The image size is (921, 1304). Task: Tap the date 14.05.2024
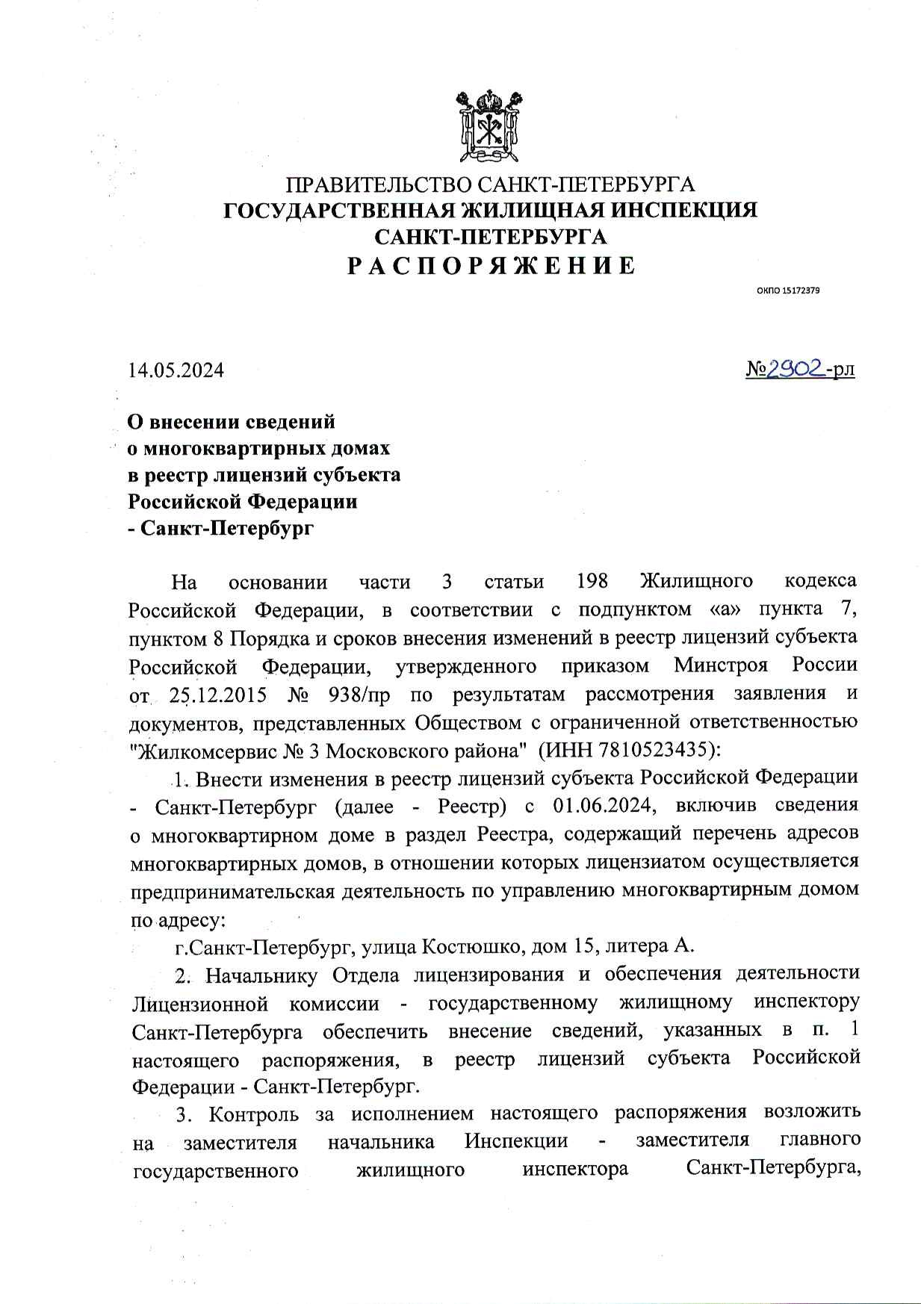(176, 370)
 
